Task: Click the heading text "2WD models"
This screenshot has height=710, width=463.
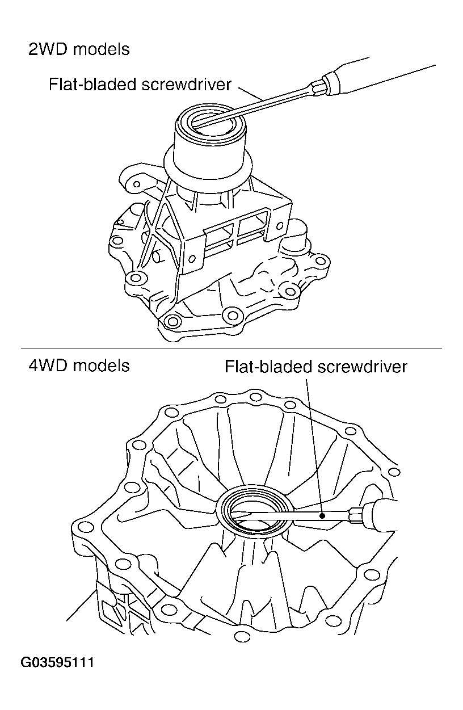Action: pyautogui.click(x=79, y=50)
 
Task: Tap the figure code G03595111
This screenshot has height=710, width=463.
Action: pyautogui.click(x=57, y=662)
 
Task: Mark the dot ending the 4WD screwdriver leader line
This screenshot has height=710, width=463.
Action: pyautogui.click(x=322, y=516)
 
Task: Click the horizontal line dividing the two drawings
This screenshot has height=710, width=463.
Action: pyautogui.click(x=231, y=348)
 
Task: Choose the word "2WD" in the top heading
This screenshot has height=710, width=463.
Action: pyautogui.click(x=47, y=50)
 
